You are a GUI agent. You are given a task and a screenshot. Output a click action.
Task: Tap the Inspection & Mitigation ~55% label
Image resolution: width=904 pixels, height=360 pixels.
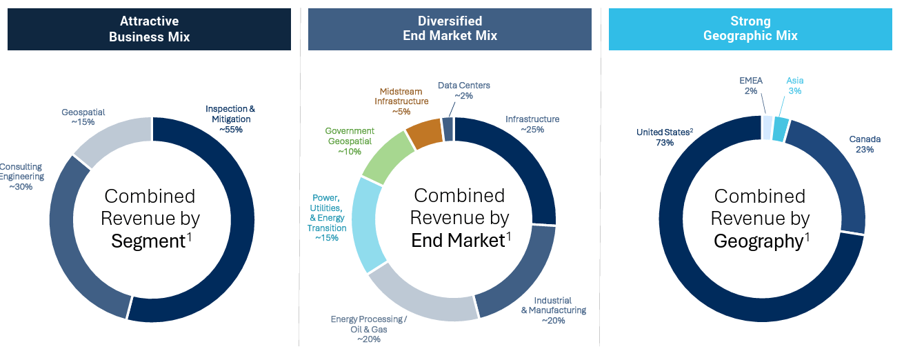point(230,119)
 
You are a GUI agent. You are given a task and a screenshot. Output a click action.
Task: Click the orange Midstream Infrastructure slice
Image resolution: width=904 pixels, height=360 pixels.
point(425,133)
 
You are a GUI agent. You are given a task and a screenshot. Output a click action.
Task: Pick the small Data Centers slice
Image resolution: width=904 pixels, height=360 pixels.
point(448,129)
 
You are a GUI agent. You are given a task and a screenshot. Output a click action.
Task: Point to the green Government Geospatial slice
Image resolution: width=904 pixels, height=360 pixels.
point(388,157)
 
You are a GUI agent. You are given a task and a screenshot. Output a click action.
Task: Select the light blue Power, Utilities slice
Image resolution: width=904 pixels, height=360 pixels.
point(365,224)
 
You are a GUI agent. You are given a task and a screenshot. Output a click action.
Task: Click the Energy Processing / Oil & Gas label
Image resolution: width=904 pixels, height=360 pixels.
point(368,330)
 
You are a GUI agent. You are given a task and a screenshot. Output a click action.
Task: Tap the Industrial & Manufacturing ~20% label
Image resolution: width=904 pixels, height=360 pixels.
point(553,310)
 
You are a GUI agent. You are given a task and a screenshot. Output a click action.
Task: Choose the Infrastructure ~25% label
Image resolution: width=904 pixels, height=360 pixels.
point(532,124)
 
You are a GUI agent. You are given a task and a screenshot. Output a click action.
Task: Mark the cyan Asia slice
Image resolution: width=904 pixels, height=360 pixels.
point(780,129)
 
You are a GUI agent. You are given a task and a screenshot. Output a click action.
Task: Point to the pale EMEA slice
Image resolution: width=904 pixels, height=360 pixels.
point(767,128)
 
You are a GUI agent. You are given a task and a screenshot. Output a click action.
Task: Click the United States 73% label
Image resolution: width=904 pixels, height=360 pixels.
point(665,137)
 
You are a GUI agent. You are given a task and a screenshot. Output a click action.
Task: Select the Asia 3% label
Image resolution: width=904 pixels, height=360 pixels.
point(794,86)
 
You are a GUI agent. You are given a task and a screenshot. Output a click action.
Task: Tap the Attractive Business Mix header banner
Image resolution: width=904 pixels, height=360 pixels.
point(149,29)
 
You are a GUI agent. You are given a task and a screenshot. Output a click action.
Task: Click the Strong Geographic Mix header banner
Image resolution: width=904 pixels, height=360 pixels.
point(750,29)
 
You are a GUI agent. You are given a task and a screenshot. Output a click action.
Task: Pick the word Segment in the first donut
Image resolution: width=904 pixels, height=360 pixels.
point(148,241)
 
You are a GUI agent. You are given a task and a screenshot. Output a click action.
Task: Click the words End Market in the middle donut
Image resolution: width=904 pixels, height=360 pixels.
point(458,241)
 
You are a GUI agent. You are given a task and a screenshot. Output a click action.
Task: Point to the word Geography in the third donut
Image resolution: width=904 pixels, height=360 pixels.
point(759,241)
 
